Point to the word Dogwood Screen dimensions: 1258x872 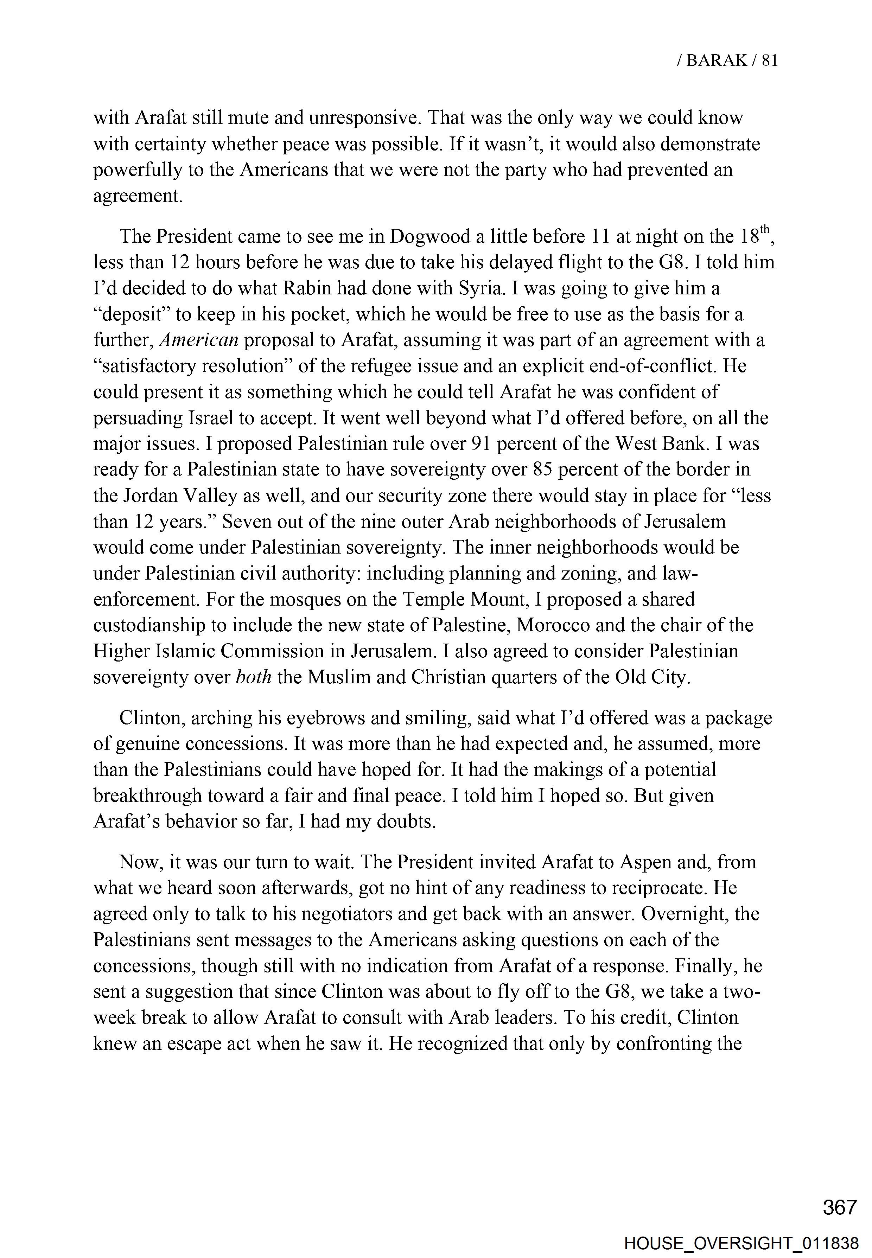[424, 237]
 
